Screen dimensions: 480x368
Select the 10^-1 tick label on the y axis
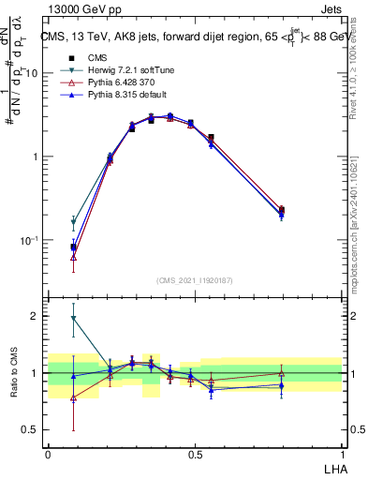pyautogui.click(x=32, y=240)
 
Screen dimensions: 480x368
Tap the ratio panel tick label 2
pyautogui.click(x=37, y=316)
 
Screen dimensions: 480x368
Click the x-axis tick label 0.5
pyautogui.click(x=195, y=455)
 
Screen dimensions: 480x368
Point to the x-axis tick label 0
pyautogui.click(x=48, y=455)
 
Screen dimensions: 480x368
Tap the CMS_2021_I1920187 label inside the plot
pyautogui.click(x=195, y=280)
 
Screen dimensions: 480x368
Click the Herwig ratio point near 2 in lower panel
pyautogui.click(x=73, y=319)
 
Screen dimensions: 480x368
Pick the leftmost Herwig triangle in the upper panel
pyautogui.click(x=73, y=224)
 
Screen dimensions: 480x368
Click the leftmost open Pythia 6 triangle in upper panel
pyautogui.click(x=73, y=257)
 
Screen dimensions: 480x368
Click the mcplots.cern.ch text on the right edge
pyautogui.click(x=360, y=234)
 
